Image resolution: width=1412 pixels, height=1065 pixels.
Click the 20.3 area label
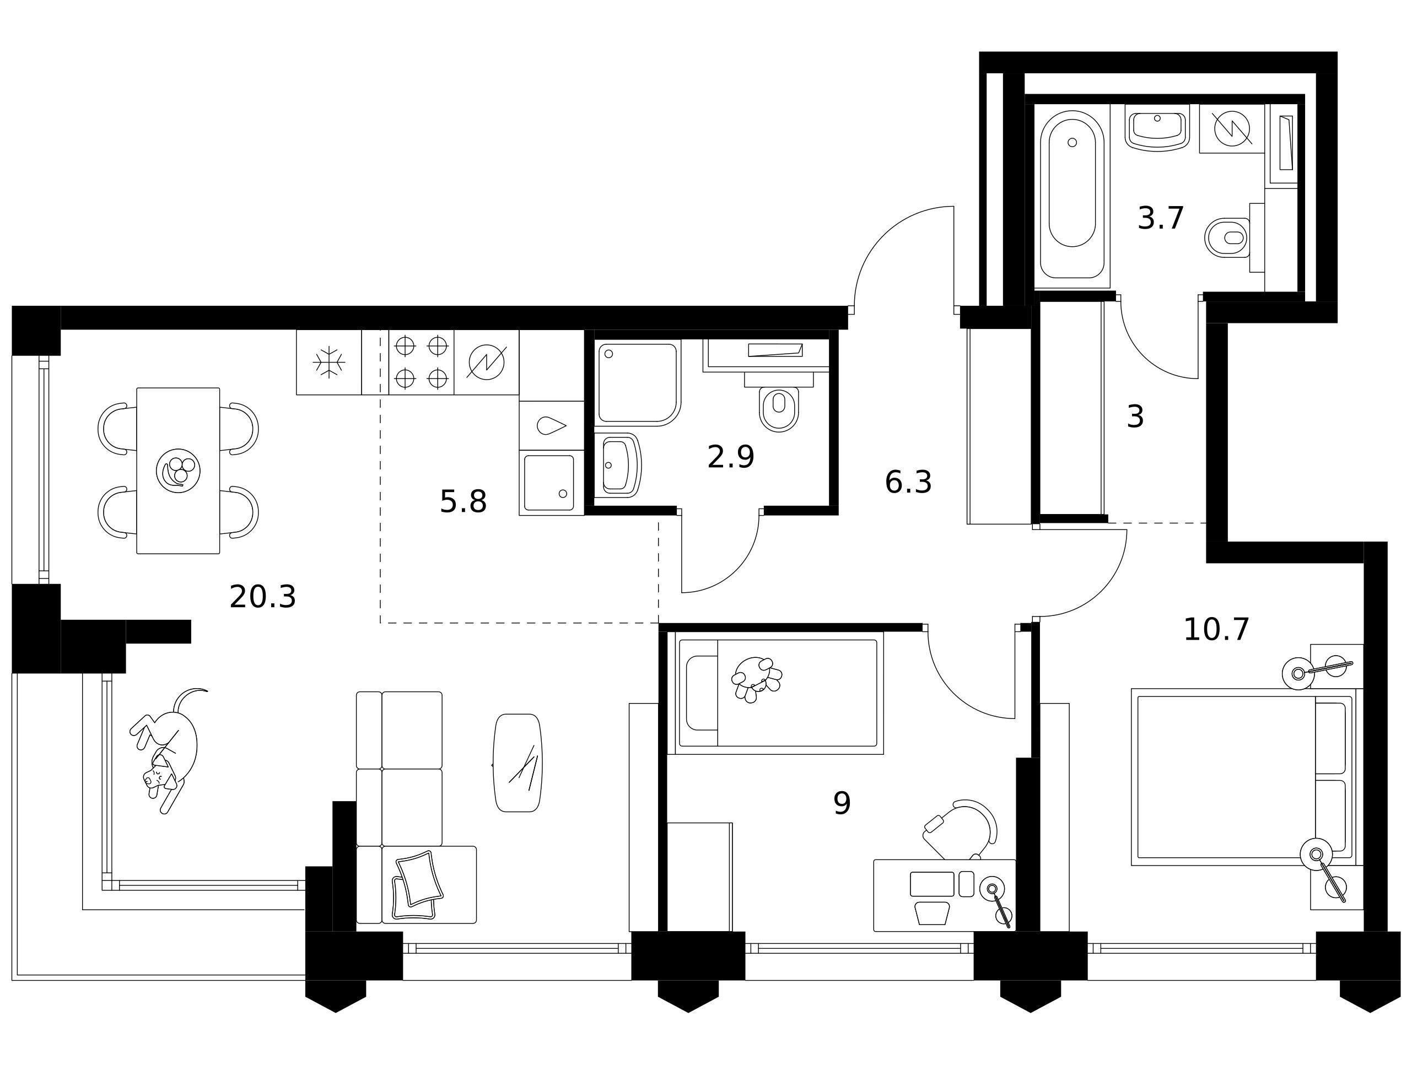pyautogui.click(x=262, y=597)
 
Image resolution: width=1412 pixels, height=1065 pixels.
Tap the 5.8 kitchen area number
pyautogui.click(x=463, y=501)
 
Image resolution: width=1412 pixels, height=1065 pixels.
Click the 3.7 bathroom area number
pyautogui.click(x=1161, y=218)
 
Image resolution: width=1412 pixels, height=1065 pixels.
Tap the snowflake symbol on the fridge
pyautogui.click(x=328, y=363)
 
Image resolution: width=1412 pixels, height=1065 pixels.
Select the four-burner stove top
pyautogui.click(x=421, y=363)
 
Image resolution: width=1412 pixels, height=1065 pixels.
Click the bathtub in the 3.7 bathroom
pyautogui.click(x=1072, y=194)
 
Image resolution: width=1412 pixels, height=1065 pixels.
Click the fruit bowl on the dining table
pyautogui.click(x=178, y=471)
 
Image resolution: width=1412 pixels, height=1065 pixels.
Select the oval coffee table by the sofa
pyautogui.click(x=518, y=763)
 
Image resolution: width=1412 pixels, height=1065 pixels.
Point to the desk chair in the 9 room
pyautogui.click(x=960, y=830)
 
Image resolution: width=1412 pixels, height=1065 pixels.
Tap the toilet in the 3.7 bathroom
pyautogui.click(x=1227, y=237)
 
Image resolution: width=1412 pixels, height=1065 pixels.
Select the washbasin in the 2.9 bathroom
pyautogui.click(x=618, y=465)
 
